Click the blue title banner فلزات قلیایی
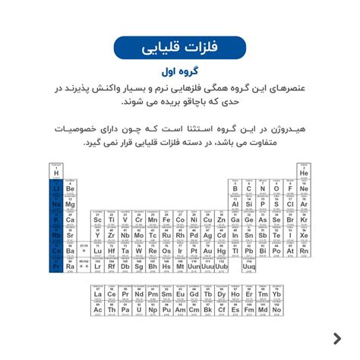pyautogui.click(x=179, y=47)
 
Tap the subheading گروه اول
pyautogui.click(x=179, y=72)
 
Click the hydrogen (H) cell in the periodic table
pyautogui.click(x=56, y=172)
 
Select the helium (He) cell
pyautogui.click(x=304, y=172)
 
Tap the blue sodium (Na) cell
pyautogui.click(x=56, y=203)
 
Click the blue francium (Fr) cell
pyautogui.click(x=56, y=266)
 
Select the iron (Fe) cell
pyautogui.click(x=166, y=219)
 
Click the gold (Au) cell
pyautogui.click(x=207, y=250)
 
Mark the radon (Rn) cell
pyautogui.click(x=304, y=250)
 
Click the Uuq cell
pyautogui.click(x=249, y=266)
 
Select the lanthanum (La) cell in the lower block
pyautogui.click(x=98, y=293)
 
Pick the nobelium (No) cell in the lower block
pyautogui.click(x=276, y=308)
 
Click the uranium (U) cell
pyautogui.click(x=139, y=308)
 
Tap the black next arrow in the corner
pyautogui.click(x=336, y=338)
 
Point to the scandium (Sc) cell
pyautogui.click(x=98, y=219)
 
